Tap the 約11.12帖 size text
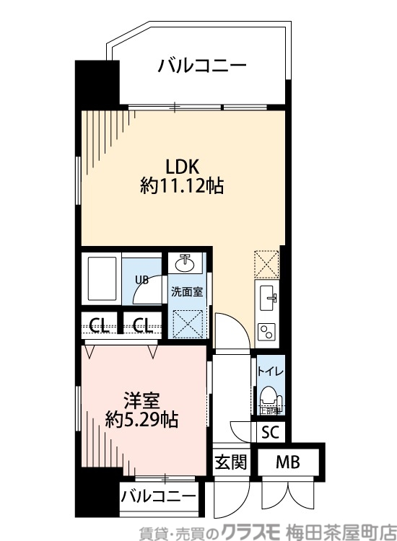181,187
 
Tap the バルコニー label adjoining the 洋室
158,496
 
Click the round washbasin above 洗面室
186,263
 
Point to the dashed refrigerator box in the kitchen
266,264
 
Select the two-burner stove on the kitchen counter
266,331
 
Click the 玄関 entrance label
230,462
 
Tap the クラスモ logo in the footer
256,530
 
